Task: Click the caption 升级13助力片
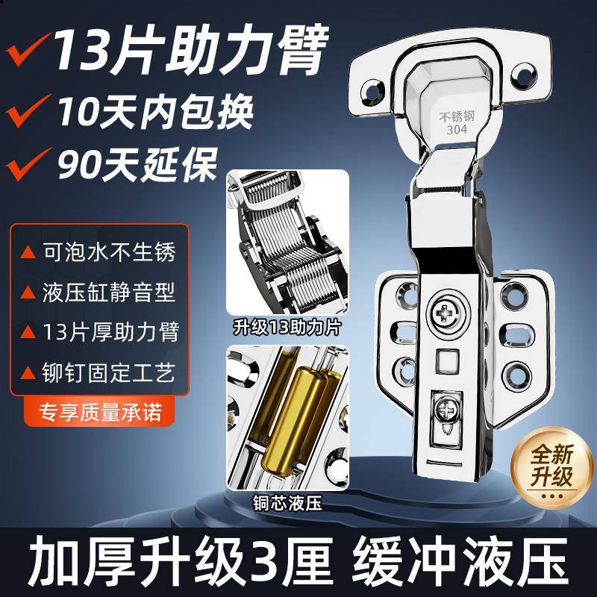[x=287, y=326]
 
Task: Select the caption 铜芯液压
[x=287, y=504]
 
